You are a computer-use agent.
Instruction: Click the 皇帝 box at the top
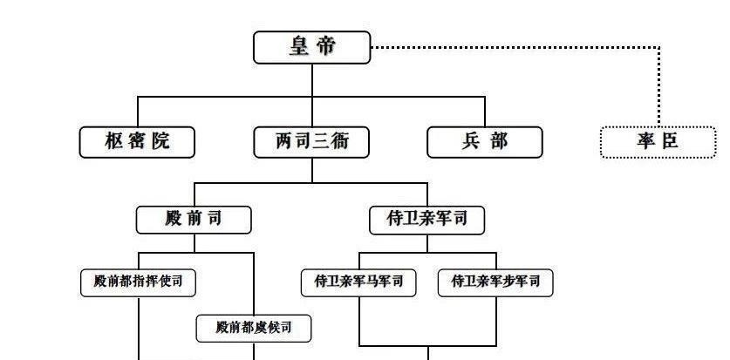(x=311, y=47)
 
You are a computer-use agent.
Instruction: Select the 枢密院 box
(x=137, y=141)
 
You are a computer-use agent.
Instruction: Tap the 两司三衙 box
(x=311, y=141)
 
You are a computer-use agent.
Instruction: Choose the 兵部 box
(x=484, y=141)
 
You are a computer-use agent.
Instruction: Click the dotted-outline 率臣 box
(x=658, y=141)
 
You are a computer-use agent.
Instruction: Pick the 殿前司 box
(x=194, y=219)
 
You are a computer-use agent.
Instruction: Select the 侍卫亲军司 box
(x=426, y=219)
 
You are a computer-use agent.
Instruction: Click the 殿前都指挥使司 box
(x=137, y=282)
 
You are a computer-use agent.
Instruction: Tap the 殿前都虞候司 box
(x=253, y=328)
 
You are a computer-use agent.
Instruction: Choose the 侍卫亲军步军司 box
(x=495, y=282)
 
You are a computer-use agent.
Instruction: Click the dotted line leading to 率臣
(x=523, y=47)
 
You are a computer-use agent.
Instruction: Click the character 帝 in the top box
(x=325, y=47)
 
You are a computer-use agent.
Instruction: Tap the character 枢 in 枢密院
(x=113, y=141)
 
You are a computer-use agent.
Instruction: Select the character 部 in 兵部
(x=498, y=141)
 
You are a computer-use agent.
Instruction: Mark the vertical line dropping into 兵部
(x=484, y=112)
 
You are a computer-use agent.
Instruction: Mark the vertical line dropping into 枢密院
(x=137, y=112)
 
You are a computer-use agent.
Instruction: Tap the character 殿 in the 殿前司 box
(x=173, y=219)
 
